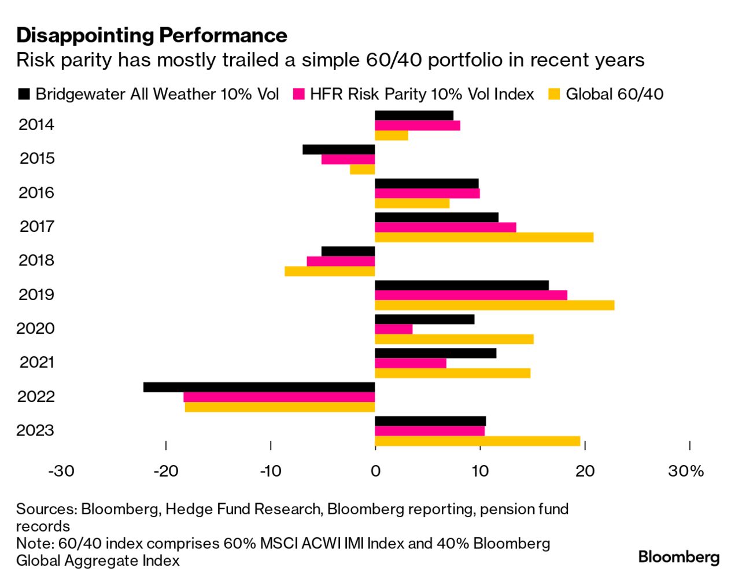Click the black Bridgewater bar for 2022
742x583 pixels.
pos(259,387)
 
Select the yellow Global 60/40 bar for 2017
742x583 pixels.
pos(484,237)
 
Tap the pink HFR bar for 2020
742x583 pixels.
pos(394,329)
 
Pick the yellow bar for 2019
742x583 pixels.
pos(494,305)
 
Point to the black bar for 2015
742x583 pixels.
pos(338,149)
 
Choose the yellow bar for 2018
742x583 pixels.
pos(330,271)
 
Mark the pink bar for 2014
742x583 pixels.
pos(418,126)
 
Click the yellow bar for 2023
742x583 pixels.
pos(478,441)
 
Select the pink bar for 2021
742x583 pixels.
pos(411,363)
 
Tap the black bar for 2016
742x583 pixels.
pos(427,183)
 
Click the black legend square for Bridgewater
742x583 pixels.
pos(24,94)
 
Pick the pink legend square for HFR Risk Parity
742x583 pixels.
pos(299,94)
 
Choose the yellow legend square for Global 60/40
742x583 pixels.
pos(554,94)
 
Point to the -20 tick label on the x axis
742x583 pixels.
pos(165,471)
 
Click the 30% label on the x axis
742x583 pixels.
pos(686,471)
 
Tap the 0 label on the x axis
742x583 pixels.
pos(375,471)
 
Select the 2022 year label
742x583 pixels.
pos(36,397)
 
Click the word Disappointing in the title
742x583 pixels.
pos(85,35)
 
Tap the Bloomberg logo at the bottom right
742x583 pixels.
pos(679,558)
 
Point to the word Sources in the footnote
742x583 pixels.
pos(46,509)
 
